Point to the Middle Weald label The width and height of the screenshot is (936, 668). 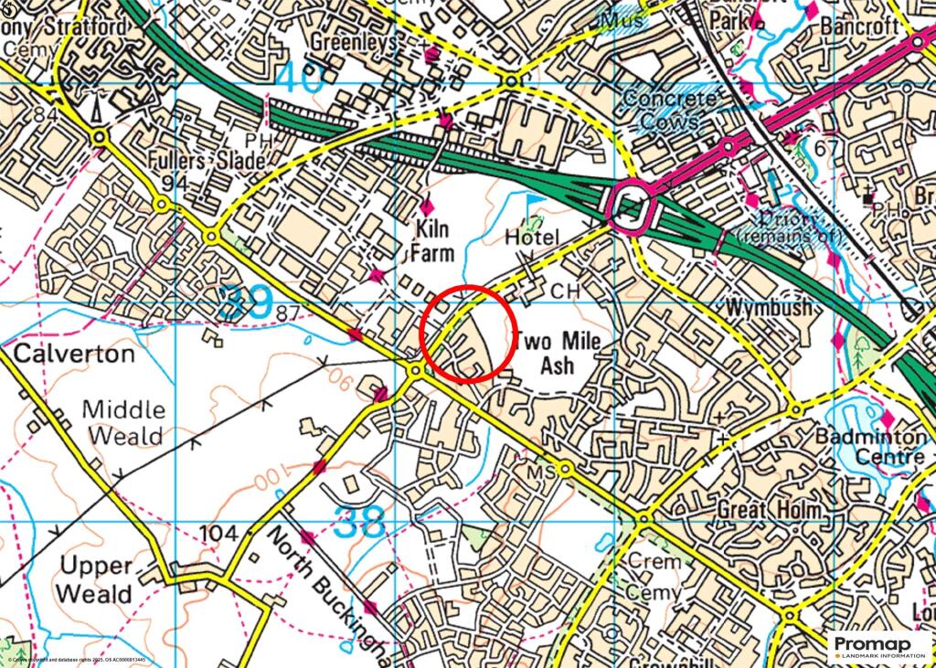click(126, 422)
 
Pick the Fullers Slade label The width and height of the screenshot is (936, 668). click(209, 161)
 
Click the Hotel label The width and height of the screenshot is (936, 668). click(532, 238)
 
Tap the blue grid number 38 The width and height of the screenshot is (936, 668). click(360, 523)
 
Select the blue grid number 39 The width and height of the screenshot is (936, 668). click(246, 304)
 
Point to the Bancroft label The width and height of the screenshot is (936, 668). click(859, 25)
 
